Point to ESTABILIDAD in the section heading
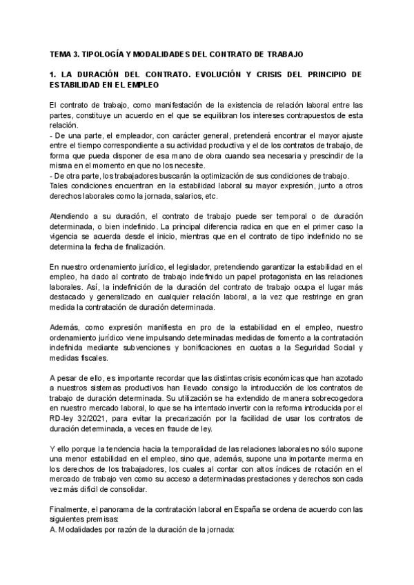coord(75,85)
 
